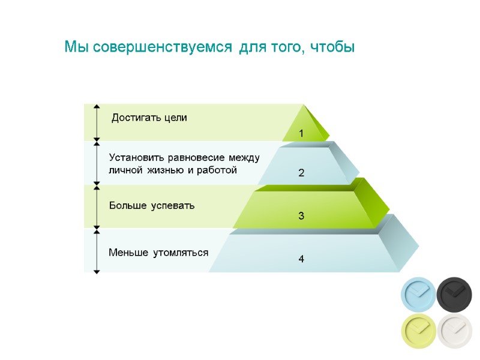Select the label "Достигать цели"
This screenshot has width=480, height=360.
click(x=149, y=118)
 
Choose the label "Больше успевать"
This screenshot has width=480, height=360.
click(x=152, y=206)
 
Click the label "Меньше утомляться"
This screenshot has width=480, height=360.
click(x=158, y=253)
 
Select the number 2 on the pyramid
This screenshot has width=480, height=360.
click(x=301, y=173)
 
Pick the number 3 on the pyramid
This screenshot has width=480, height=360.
click(x=301, y=215)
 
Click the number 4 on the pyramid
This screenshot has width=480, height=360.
click(x=301, y=259)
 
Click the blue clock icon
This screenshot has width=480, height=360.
click(x=418, y=294)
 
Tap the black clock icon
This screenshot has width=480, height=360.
click(x=454, y=294)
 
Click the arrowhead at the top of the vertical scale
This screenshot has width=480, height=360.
click(x=97, y=106)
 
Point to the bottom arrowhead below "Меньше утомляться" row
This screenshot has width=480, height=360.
click(x=97, y=271)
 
